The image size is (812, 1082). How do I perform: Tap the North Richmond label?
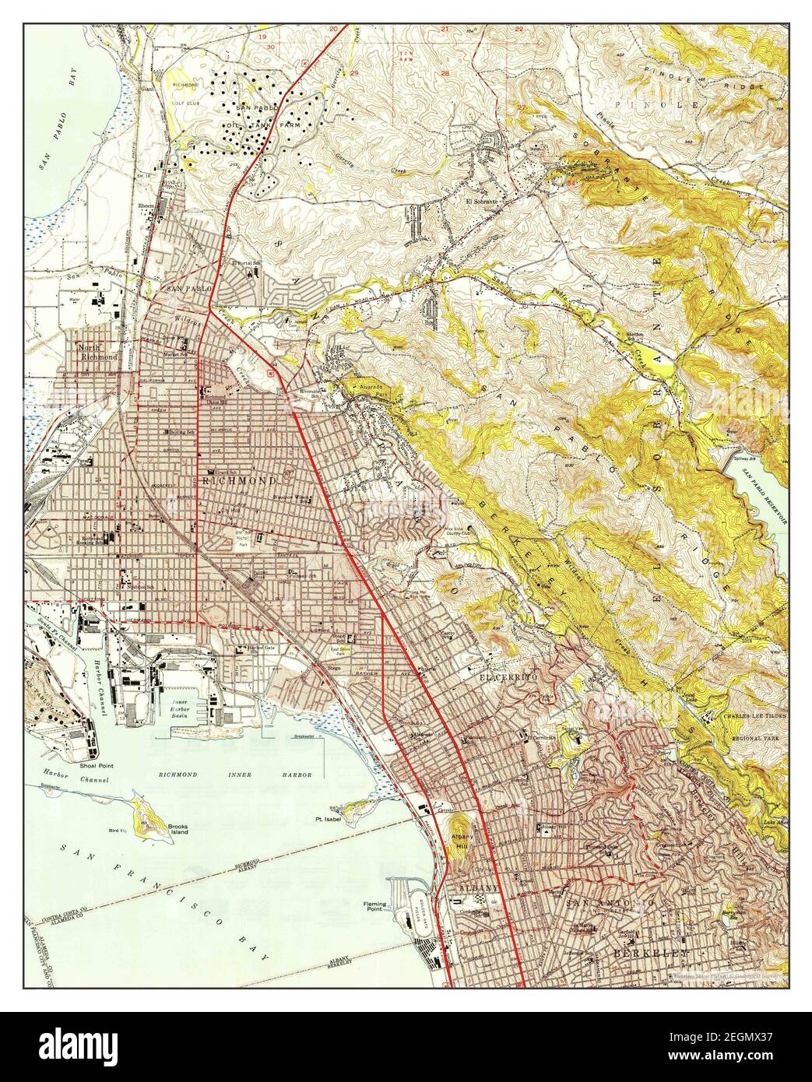[x=97, y=352]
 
